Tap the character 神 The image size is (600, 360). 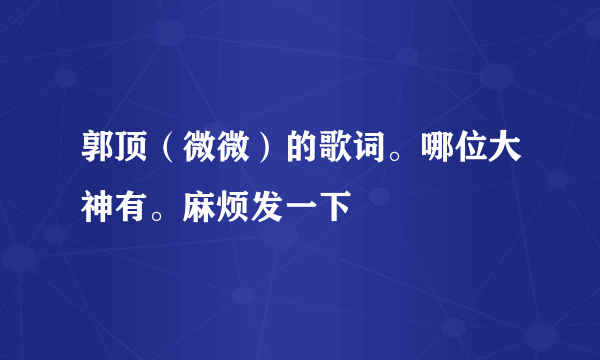[x=98, y=209]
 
